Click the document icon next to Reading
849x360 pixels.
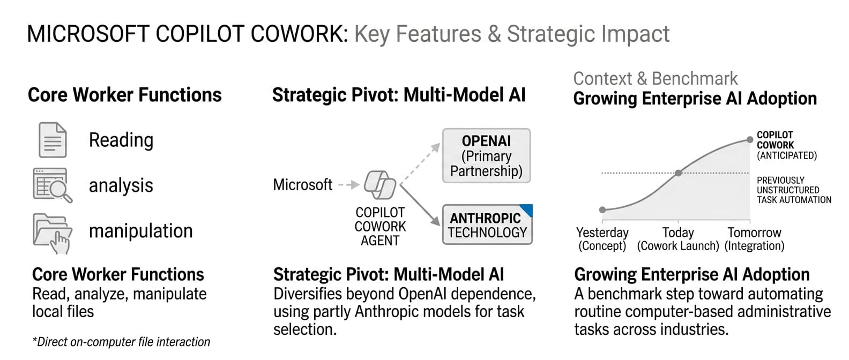pos(53,140)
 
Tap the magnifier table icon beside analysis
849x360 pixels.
pos(52,185)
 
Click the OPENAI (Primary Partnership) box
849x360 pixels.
pos(486,156)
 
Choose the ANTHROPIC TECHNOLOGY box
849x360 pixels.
pos(487,225)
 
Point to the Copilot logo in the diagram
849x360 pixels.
pos(379,185)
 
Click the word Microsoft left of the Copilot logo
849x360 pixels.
pos(302,185)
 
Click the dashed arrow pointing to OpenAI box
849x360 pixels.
pos(421,163)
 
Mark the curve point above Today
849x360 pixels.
pos(678,173)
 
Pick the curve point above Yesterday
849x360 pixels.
pos(602,209)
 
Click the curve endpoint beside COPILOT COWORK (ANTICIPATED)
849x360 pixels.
pos(750,140)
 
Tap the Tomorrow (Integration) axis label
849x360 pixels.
pos(754,239)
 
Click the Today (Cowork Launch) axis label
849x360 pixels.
pos(678,239)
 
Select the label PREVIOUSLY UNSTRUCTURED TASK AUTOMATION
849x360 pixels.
pos(794,190)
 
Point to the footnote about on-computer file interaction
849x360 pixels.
pos(121,342)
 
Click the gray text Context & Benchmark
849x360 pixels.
pos(655,79)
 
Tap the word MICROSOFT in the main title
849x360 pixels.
pos(88,34)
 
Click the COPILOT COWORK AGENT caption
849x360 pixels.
pos(380,227)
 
